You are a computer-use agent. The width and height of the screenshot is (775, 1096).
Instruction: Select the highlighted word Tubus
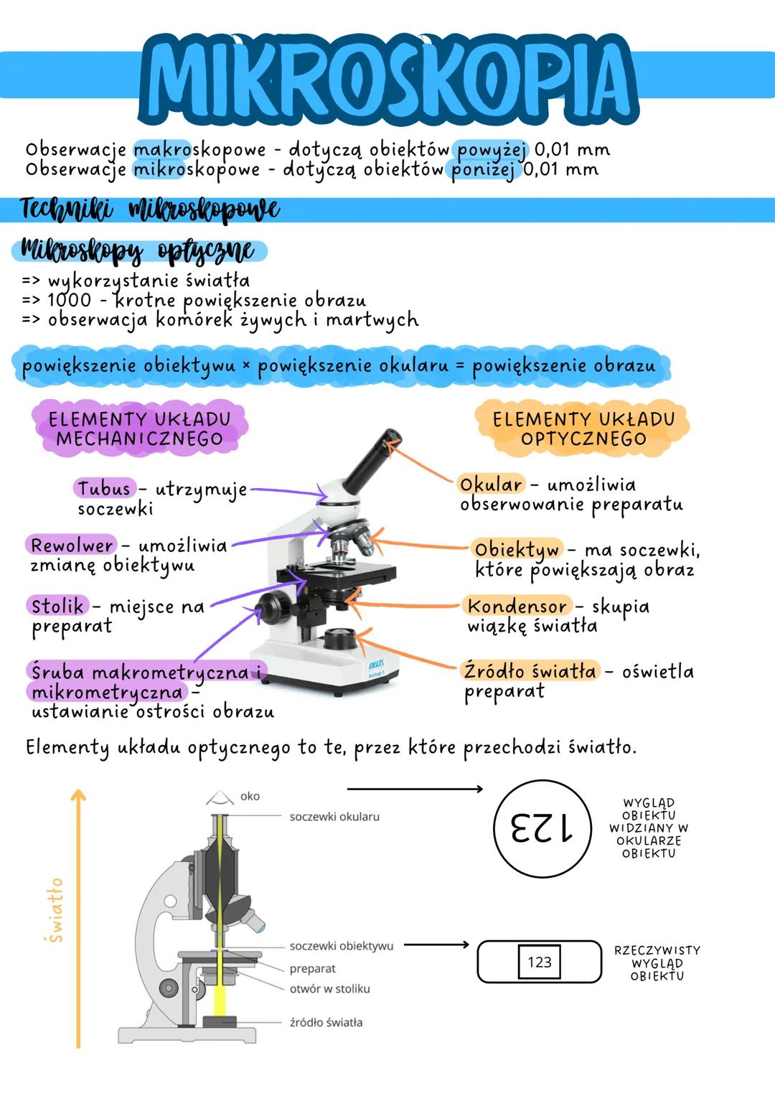(x=104, y=488)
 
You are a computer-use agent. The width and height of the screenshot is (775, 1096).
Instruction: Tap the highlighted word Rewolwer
(x=72, y=545)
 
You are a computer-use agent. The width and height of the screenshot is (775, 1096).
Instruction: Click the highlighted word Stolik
(x=57, y=606)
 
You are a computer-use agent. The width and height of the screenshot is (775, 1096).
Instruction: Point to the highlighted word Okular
(x=491, y=484)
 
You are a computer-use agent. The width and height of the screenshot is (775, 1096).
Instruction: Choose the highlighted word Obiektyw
(x=517, y=550)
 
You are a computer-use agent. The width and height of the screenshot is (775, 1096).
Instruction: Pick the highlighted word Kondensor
(x=517, y=606)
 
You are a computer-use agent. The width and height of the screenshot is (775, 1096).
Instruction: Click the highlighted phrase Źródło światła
(x=530, y=670)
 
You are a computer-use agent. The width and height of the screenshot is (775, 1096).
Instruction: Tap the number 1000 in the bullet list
(x=69, y=300)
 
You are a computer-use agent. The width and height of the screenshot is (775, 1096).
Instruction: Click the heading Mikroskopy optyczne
(x=138, y=251)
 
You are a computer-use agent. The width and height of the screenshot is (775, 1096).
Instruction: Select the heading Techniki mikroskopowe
(x=150, y=210)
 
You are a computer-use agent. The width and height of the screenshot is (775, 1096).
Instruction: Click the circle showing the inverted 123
(x=542, y=828)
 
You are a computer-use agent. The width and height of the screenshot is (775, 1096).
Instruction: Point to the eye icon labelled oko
(x=219, y=797)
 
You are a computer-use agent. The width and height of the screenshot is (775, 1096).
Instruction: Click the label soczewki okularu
(x=334, y=817)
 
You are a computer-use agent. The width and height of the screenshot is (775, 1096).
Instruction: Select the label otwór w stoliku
(x=330, y=989)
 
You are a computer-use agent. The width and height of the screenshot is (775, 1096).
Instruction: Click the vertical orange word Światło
(x=55, y=910)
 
